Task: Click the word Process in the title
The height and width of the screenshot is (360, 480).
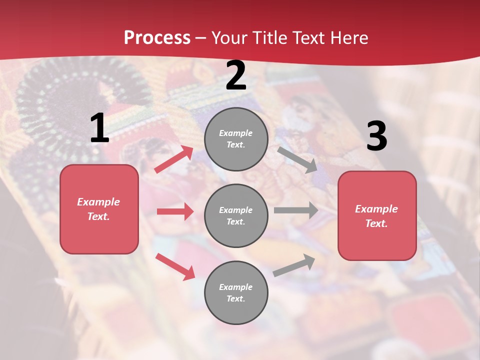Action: pyautogui.click(x=157, y=38)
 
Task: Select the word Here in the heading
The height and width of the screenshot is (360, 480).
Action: pyautogui.click(x=349, y=38)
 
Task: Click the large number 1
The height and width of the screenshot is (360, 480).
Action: pyautogui.click(x=99, y=128)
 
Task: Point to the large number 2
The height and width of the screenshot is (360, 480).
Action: pyautogui.click(x=236, y=75)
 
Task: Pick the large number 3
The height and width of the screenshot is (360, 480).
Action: pyautogui.click(x=376, y=136)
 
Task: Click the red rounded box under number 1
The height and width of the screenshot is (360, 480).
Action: pyautogui.click(x=99, y=209)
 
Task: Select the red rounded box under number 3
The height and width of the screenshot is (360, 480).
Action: pyautogui.click(x=377, y=215)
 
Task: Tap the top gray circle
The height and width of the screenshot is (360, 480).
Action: pyautogui.click(x=236, y=139)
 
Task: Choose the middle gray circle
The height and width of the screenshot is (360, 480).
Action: pyautogui.click(x=236, y=215)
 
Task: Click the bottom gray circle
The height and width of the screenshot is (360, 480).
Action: pyautogui.click(x=236, y=292)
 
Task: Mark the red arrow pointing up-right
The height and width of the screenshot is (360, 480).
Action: pyautogui.click(x=174, y=159)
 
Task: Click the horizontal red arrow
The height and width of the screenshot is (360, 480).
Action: pyautogui.click(x=175, y=211)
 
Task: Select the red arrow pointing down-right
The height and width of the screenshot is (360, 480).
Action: pyautogui.click(x=175, y=266)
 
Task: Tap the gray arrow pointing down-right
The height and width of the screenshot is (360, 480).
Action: pyautogui.click(x=297, y=159)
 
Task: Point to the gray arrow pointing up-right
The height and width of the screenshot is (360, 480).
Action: pyautogui.click(x=294, y=265)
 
